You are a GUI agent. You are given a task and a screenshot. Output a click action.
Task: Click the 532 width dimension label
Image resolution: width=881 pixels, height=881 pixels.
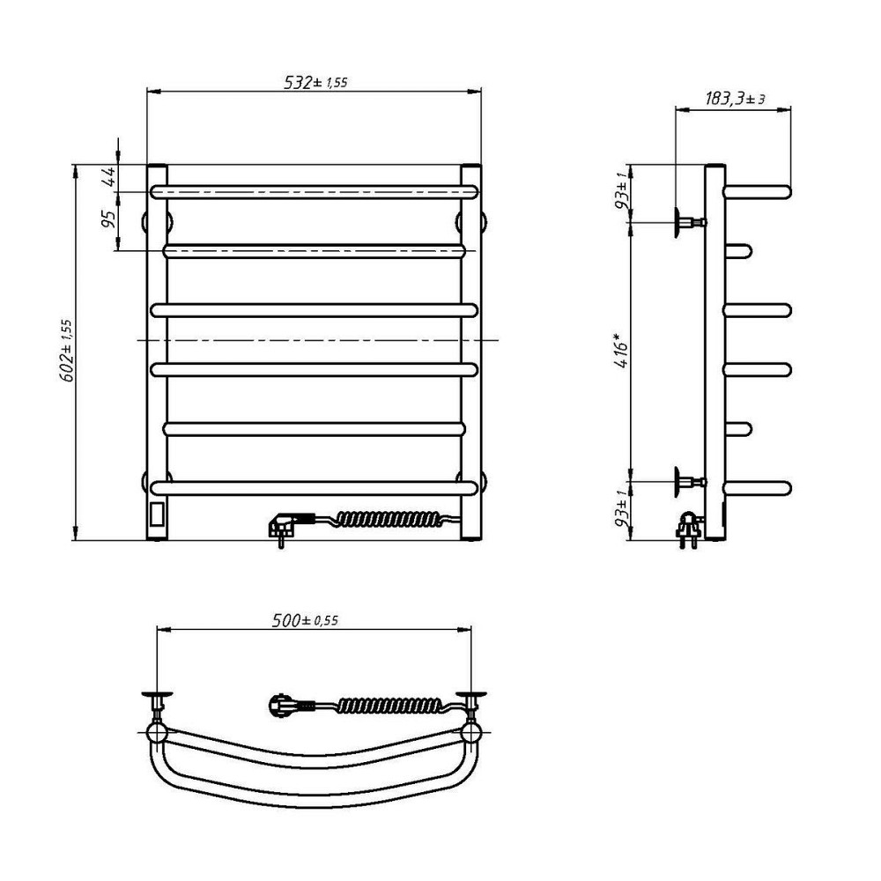[x=315, y=82]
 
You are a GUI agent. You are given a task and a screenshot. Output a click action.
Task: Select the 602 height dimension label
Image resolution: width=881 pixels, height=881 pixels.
[x=66, y=352]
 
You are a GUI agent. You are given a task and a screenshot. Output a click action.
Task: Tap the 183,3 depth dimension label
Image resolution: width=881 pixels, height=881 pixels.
[x=735, y=99]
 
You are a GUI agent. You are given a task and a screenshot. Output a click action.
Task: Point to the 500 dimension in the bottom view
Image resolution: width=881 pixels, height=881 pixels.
[x=305, y=619]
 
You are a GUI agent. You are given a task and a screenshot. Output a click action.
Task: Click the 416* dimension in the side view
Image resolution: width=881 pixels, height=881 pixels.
[x=621, y=351]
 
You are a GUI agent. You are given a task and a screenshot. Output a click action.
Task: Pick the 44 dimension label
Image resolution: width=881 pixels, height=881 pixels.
[x=109, y=176]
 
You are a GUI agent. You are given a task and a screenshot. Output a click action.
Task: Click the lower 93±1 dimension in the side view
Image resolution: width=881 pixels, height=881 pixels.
[x=622, y=508]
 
